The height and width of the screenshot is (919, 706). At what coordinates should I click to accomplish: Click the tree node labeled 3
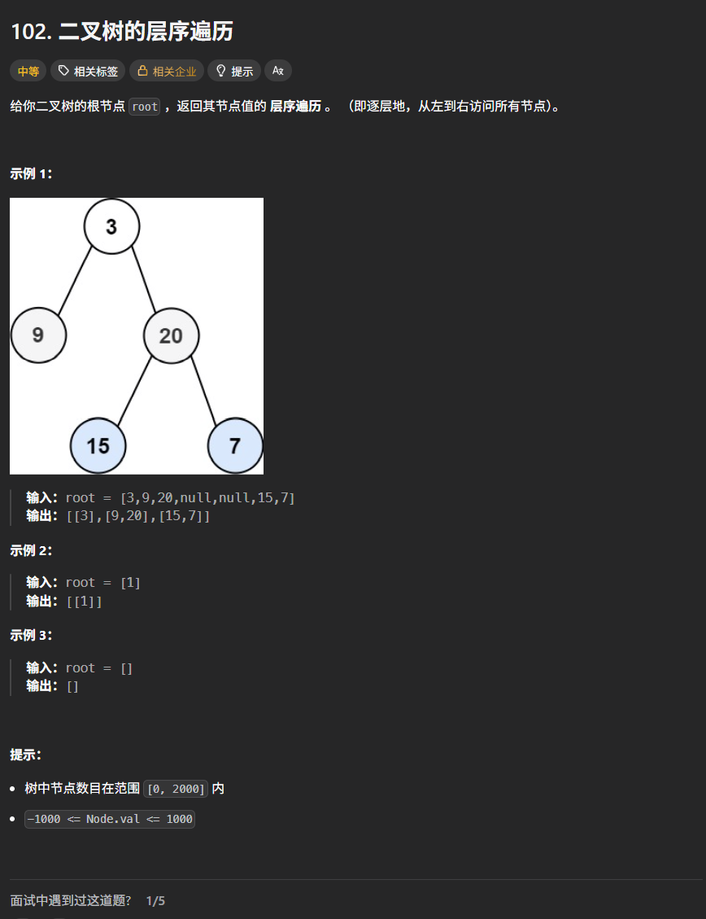[x=111, y=226]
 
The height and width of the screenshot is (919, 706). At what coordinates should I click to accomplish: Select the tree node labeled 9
[x=38, y=335]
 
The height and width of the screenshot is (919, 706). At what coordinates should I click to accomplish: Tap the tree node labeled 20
[x=171, y=335]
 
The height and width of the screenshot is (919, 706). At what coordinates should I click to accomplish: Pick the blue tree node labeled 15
[x=98, y=445]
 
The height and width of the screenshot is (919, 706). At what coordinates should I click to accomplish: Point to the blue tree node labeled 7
[x=235, y=445]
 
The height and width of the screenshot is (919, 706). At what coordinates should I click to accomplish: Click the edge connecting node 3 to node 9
[x=75, y=279]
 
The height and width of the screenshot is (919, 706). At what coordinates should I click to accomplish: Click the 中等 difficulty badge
[x=28, y=71]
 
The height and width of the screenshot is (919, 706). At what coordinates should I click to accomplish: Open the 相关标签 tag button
[x=88, y=71]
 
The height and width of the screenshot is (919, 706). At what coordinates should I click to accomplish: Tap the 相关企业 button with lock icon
[x=166, y=71]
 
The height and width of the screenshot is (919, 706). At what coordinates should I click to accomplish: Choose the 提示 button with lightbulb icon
[x=234, y=71]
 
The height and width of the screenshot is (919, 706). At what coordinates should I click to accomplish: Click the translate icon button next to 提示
[x=277, y=71]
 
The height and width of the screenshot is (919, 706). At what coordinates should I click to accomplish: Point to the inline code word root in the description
[x=145, y=107]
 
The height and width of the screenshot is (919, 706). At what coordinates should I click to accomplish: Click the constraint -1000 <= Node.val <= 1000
[x=110, y=819]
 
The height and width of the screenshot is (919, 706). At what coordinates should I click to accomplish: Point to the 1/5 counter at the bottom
[x=155, y=901]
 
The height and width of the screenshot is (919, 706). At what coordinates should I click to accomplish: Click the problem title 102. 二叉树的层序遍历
[x=122, y=32]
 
